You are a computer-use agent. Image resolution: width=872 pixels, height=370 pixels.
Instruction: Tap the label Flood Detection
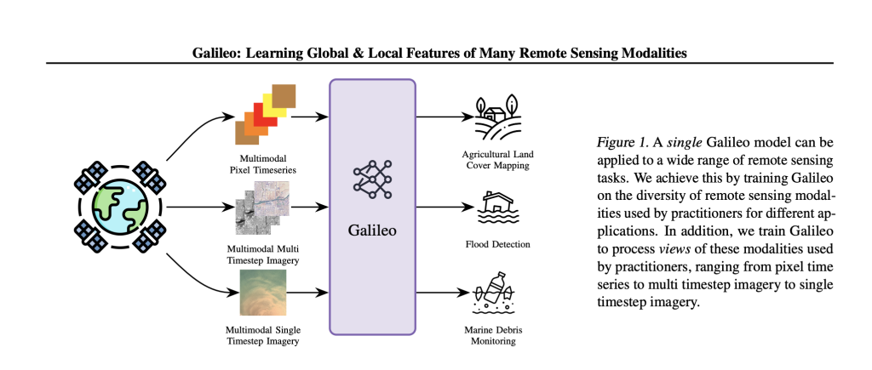498,244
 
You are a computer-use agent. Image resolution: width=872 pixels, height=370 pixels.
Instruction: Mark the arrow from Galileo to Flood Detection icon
439,206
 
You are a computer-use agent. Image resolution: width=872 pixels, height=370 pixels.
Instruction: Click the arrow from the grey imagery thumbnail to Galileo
307,207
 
